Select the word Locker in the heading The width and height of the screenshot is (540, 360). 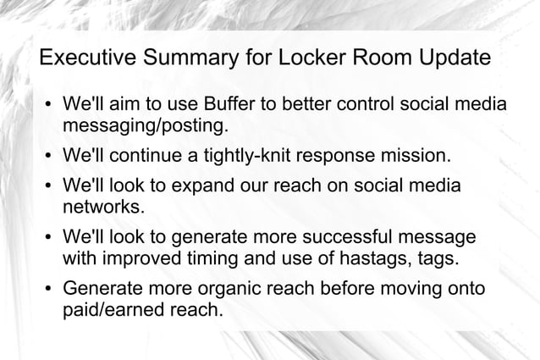click(x=312, y=60)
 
